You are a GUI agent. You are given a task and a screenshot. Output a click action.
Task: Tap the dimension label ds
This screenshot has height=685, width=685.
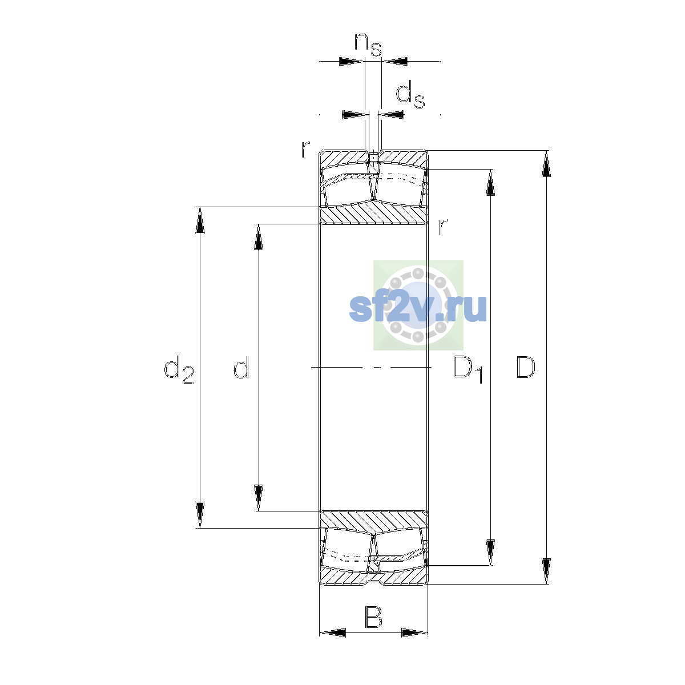[410, 95]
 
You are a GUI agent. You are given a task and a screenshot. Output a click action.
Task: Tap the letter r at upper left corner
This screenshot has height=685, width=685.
[305, 149]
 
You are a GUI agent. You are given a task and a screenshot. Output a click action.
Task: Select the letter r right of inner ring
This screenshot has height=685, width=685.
[442, 227]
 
